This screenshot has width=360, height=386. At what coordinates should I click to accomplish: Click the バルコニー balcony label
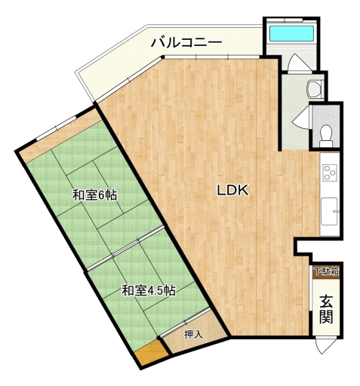[186, 43]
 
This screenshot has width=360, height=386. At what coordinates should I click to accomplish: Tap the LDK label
[232, 190]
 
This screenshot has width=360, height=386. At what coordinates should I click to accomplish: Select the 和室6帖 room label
[94, 195]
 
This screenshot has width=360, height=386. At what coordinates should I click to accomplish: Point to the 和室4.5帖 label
[149, 290]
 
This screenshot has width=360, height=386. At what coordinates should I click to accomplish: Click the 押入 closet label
[193, 334]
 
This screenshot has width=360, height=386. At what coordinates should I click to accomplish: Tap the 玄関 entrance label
[326, 309]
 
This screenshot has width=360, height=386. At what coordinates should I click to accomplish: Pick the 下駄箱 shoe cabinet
[326, 272]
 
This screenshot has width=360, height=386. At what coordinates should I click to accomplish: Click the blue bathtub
[291, 33]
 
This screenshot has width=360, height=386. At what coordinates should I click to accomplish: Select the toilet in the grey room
[326, 136]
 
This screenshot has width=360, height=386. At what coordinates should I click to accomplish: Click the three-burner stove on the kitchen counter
[330, 173]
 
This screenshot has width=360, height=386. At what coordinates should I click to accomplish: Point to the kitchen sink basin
[329, 210]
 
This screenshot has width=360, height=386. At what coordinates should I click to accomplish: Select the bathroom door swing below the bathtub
[299, 63]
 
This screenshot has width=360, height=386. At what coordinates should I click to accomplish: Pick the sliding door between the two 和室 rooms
[125, 248]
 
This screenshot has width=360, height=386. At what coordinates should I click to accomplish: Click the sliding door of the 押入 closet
[185, 322]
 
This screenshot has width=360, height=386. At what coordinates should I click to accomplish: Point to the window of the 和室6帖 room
[57, 128]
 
